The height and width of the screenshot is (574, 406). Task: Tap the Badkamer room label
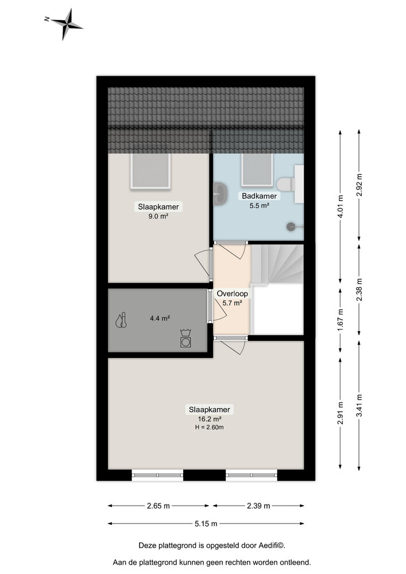(259, 196)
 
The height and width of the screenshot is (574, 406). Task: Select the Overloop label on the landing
(232, 293)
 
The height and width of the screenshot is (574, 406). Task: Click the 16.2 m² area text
(210, 419)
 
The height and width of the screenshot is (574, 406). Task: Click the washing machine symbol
(186, 339)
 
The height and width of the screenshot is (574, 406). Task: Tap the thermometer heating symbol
(121, 320)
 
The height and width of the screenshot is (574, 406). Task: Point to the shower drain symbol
(291, 227)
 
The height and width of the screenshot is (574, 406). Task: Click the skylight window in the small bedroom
(150, 170)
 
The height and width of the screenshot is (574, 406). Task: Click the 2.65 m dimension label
(158, 506)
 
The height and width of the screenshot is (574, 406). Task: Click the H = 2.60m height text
(210, 428)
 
